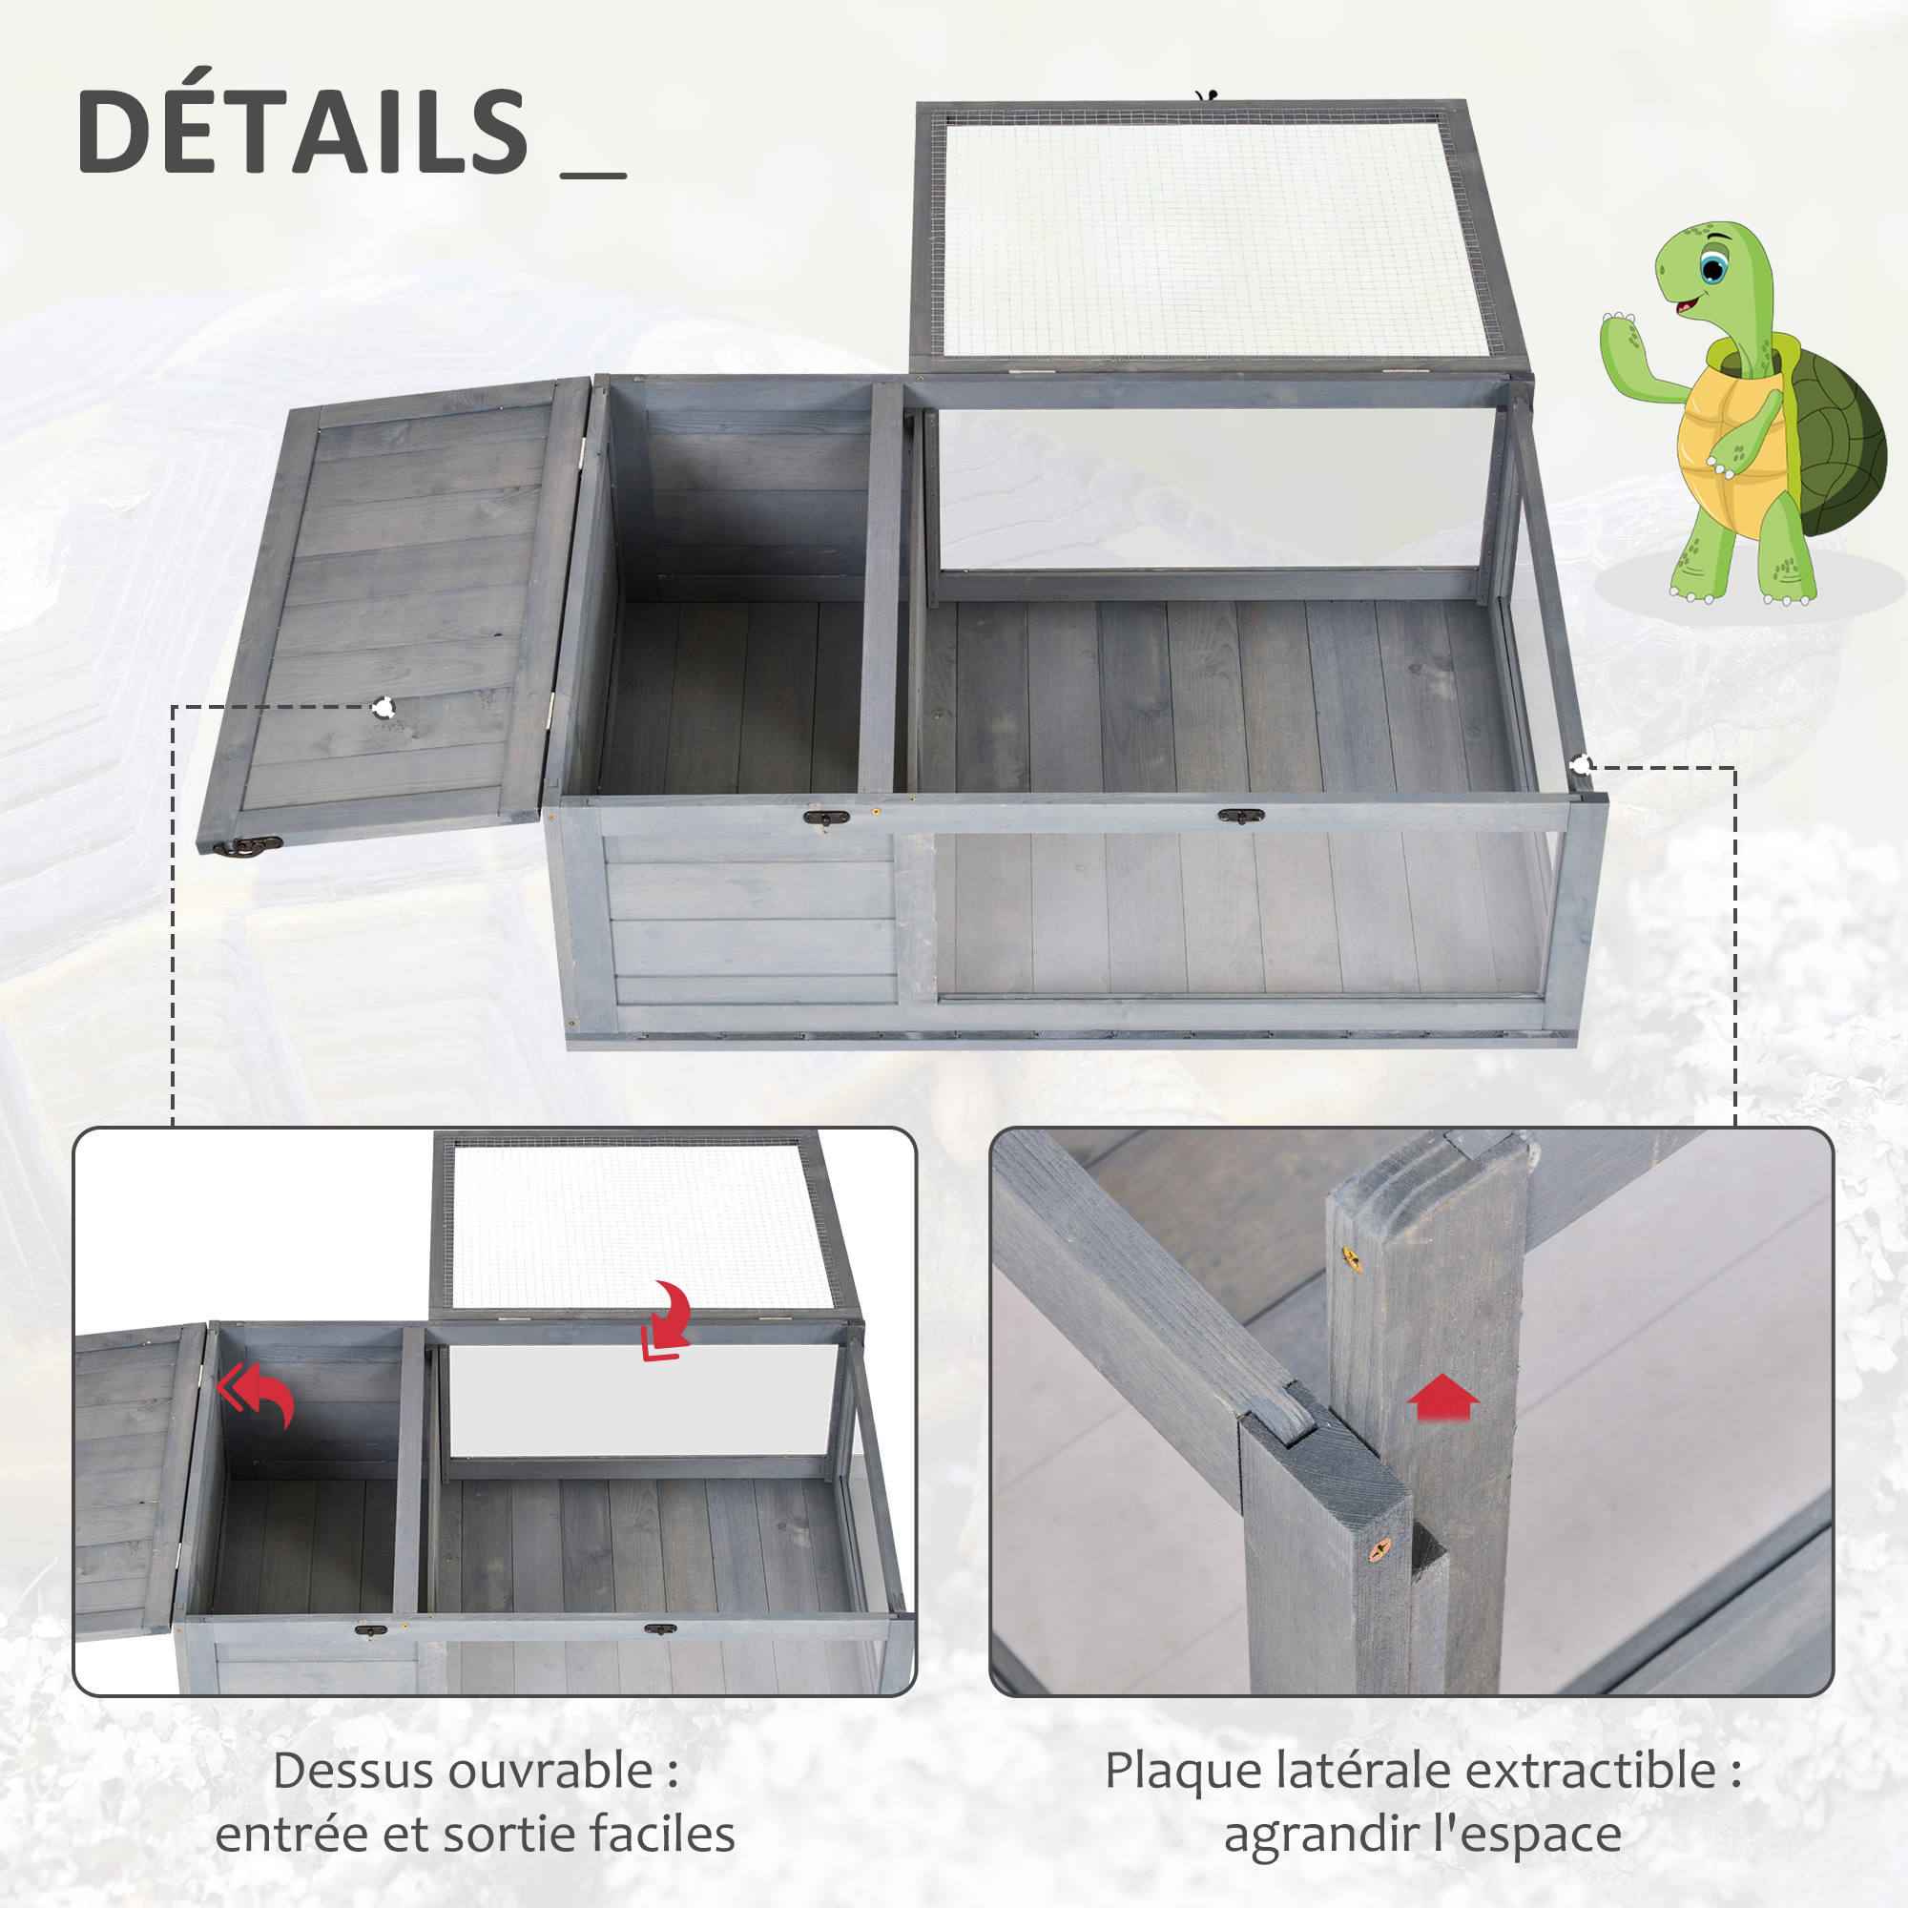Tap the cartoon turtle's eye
click(x=1713, y=267)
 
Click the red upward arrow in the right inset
click(x=1442, y=1397)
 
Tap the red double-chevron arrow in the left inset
click(x=256, y=1394)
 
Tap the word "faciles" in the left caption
click(x=662, y=1835)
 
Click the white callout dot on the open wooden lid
click(x=384, y=707)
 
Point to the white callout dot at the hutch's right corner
click(x=1581, y=765)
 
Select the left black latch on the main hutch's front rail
click(x=826, y=817)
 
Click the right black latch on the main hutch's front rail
click(x=1241, y=816)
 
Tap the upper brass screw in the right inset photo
click(x=1350, y=1257)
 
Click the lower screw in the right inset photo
click(x=1379, y=1547)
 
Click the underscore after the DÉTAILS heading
click(x=593, y=176)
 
